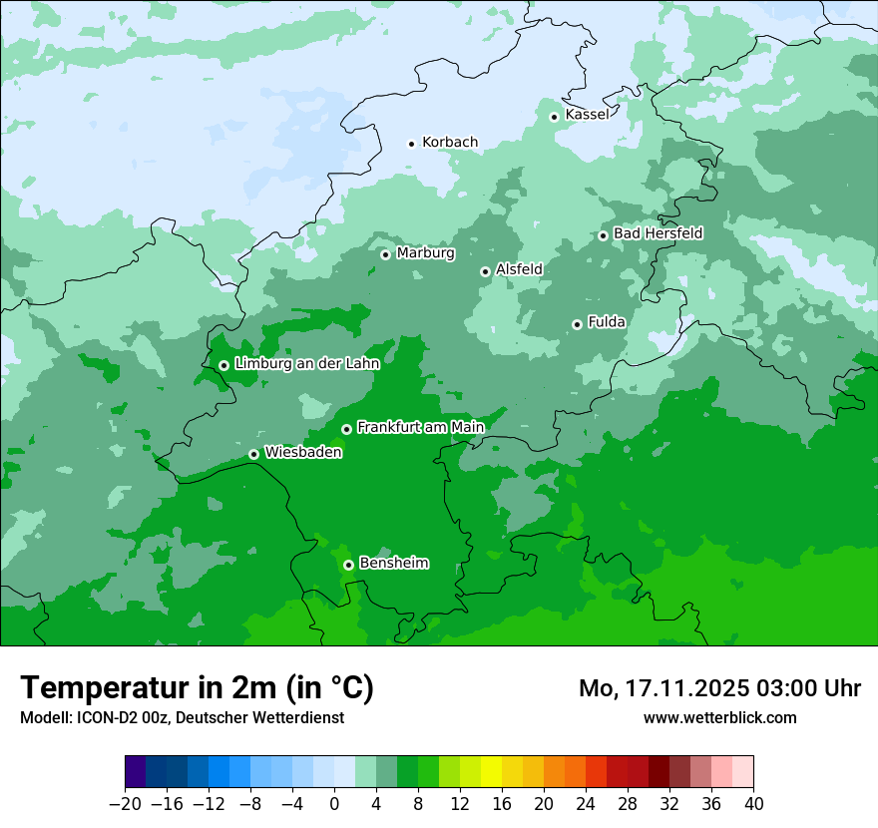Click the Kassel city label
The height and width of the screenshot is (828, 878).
[x=587, y=115]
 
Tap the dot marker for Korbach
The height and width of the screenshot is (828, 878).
[x=411, y=144]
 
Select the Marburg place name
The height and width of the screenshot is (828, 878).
[x=425, y=253]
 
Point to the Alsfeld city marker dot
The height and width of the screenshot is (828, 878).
[x=485, y=271]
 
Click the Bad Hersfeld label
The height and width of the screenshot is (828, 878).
[x=658, y=233]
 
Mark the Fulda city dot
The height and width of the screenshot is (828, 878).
[x=577, y=324]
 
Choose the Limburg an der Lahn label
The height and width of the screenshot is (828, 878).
[x=306, y=364]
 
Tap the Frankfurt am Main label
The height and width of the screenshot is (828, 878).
[x=420, y=428]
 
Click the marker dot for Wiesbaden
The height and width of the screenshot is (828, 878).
[x=253, y=455]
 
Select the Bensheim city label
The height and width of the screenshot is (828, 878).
[x=393, y=564]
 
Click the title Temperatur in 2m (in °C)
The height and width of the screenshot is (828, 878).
[x=198, y=688]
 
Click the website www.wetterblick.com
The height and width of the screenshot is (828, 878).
[x=719, y=717]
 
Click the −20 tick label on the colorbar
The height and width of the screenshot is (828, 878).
[x=125, y=804]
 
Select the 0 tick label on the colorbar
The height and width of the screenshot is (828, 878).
[x=334, y=804]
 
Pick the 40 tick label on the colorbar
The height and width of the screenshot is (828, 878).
[x=753, y=804]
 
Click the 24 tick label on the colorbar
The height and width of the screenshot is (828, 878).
[x=586, y=804]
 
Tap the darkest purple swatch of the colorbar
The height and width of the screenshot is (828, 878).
[x=135, y=772]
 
